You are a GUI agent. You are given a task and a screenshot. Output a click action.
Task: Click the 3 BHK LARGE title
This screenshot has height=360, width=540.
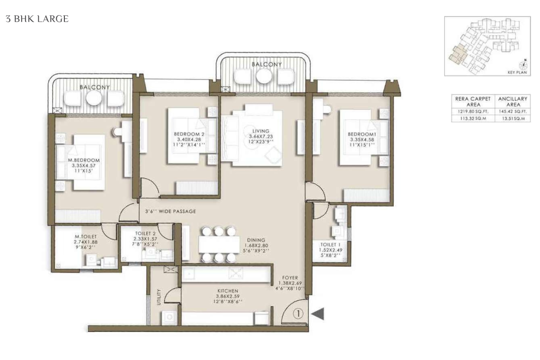(x=37, y=19)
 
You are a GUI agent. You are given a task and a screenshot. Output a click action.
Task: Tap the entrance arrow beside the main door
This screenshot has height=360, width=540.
(x=318, y=314)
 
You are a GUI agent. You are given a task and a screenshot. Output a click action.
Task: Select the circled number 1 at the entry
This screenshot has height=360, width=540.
(x=298, y=314)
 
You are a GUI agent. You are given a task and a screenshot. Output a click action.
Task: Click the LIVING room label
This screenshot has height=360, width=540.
(x=261, y=131)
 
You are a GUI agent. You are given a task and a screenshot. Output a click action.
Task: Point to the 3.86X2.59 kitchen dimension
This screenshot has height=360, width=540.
(x=228, y=296)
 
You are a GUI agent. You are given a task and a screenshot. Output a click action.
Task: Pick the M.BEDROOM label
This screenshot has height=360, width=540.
(x=84, y=160)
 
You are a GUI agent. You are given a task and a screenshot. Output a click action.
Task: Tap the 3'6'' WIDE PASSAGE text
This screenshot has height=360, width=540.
(x=171, y=211)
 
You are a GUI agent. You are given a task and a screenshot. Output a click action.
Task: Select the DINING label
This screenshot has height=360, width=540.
(x=256, y=240)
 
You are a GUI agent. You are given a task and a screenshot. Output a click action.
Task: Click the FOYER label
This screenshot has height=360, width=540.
(x=290, y=278)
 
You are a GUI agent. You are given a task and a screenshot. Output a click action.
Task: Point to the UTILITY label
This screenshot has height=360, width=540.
(x=158, y=297)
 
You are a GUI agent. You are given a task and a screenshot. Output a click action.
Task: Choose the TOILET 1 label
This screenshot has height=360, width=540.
(x=330, y=244)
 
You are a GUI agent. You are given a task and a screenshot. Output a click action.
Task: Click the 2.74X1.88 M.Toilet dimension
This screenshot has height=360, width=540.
(x=85, y=242)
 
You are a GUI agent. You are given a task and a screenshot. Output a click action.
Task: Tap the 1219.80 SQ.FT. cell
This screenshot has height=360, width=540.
(x=473, y=112)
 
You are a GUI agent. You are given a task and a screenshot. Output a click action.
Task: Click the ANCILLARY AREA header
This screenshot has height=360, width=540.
(x=513, y=102)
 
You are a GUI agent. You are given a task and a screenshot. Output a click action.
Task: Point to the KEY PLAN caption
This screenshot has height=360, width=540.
(x=517, y=72)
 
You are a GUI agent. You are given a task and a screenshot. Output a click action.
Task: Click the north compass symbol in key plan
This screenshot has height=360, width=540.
(x=523, y=65)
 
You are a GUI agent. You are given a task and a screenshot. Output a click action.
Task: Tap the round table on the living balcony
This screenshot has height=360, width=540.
(x=264, y=76)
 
